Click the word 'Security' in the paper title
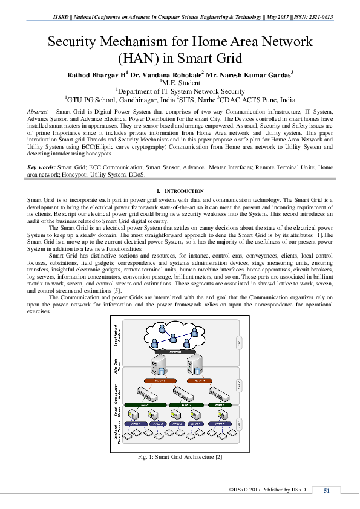76,42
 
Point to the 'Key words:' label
42,150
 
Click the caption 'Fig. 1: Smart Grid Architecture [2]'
180,457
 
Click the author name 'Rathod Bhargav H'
95,74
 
